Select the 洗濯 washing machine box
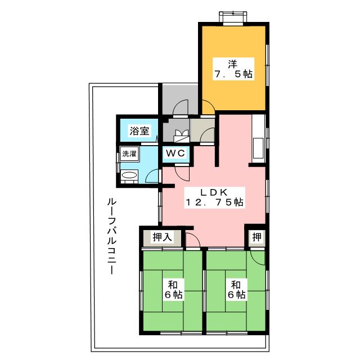tap(129, 154)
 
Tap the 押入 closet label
tap(162, 237)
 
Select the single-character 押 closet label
tap(256, 236)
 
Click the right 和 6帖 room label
tap(236, 289)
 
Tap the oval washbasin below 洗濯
tap(129, 176)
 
